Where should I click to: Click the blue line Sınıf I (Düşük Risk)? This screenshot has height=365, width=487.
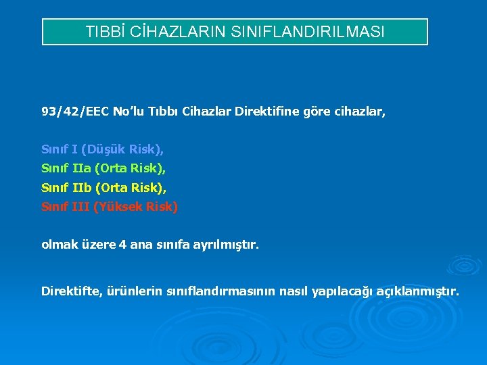pyautogui.click(x=102, y=148)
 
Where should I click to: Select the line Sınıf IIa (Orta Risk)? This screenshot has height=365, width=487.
pyautogui.click(x=103, y=168)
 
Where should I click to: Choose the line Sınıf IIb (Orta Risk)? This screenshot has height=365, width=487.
pyautogui.click(x=103, y=187)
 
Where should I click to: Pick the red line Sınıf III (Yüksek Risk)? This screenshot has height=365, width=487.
pyautogui.click(x=110, y=207)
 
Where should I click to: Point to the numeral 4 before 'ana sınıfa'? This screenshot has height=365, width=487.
pyautogui.click(x=122, y=245)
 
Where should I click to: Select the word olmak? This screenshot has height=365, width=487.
pyautogui.click(x=58, y=245)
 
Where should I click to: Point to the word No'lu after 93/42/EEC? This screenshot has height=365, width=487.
pyautogui.click(x=131, y=112)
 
